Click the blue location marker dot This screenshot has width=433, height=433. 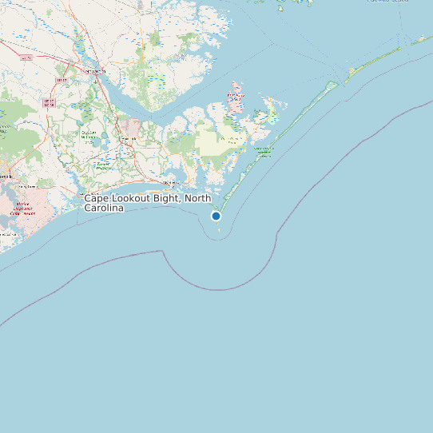[x=216, y=216]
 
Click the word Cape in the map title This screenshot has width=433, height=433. [x=98, y=198]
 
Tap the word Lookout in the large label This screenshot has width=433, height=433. [x=135, y=198]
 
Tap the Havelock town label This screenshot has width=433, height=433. [x=128, y=140]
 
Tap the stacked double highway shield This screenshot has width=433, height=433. [x=48, y=102]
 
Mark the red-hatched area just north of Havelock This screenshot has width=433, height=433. [x=130, y=127]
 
